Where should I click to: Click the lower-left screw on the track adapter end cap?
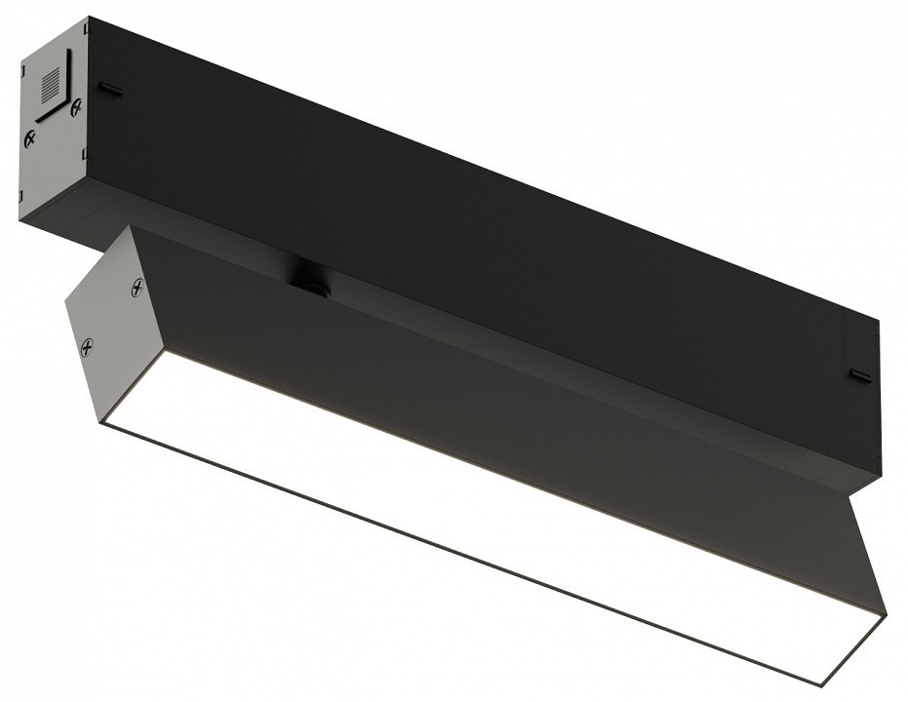pyautogui.click(x=31, y=139)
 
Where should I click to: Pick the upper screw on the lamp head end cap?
pyautogui.click(x=137, y=288)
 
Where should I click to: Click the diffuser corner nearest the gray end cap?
pyautogui.click(x=102, y=420)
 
